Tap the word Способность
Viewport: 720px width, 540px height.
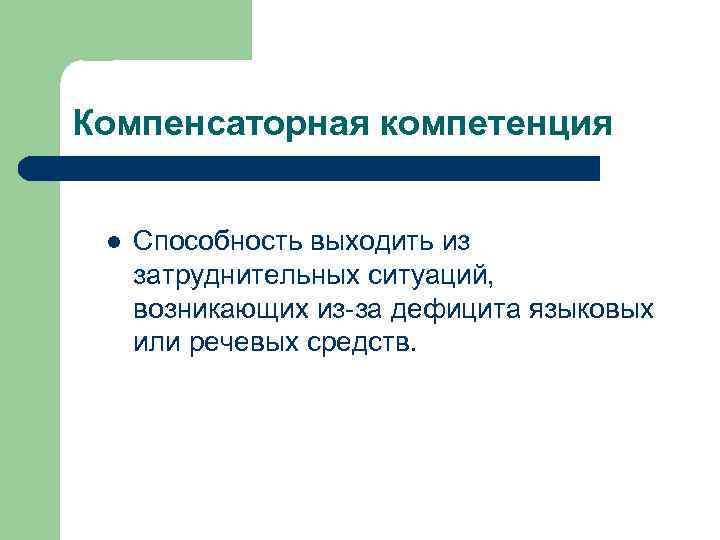click(x=218, y=242)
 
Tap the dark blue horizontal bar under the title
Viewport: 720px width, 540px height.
click(x=310, y=168)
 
